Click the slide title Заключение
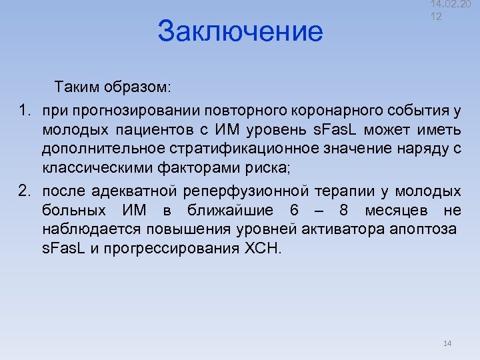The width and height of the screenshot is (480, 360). click(x=240, y=31)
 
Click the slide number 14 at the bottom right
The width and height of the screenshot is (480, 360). click(x=447, y=343)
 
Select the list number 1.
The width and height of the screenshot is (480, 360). click(x=23, y=109)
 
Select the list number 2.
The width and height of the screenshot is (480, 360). click(x=23, y=192)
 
